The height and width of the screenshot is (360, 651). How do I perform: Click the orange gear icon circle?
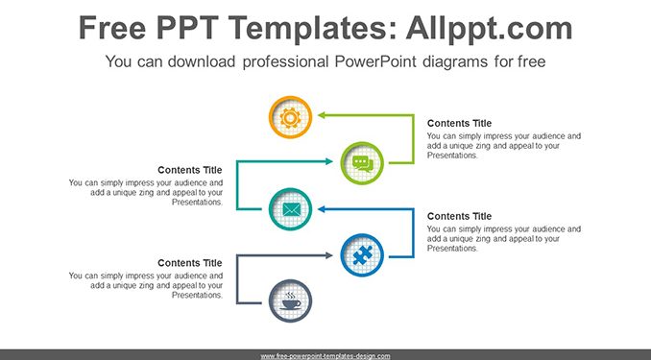[290, 117]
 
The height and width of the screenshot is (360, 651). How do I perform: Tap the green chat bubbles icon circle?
[362, 163]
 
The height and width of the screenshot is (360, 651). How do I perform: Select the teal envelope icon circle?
[290, 209]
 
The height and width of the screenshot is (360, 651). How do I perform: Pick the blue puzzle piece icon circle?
[362, 255]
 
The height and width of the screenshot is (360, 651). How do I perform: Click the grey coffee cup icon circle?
[290, 301]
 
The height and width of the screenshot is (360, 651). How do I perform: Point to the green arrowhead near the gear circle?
[322, 115]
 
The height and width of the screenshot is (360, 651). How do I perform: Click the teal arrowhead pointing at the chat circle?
[329, 161]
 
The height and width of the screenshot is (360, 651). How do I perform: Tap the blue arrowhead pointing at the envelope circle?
[322, 209]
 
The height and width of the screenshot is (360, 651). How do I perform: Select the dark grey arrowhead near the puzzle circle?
[329, 255]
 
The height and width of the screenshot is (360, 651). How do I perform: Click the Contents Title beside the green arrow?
[459, 123]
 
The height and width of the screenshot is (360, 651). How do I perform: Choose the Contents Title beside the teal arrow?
[190, 170]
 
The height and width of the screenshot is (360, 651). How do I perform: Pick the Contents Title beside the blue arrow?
[459, 216]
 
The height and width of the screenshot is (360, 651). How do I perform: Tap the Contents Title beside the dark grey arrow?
[190, 263]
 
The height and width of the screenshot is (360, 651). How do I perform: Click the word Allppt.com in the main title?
[489, 29]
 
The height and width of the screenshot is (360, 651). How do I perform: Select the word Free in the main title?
[112, 28]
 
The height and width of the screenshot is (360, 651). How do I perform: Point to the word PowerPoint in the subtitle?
[375, 61]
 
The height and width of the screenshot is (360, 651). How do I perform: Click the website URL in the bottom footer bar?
[325, 356]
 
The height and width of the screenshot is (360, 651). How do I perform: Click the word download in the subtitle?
[202, 61]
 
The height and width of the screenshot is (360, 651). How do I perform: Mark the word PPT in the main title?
[187, 28]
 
